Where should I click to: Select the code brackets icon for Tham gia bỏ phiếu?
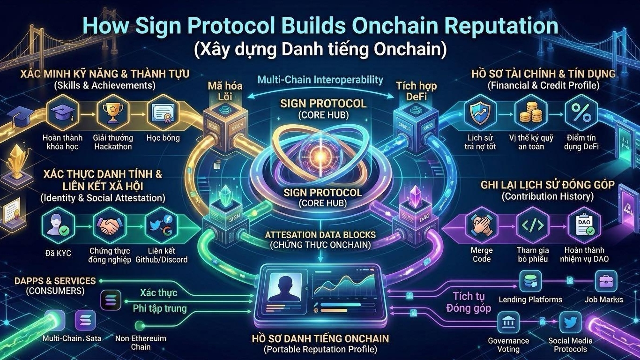click(532, 226)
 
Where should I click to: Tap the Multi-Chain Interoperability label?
click(320, 80)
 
